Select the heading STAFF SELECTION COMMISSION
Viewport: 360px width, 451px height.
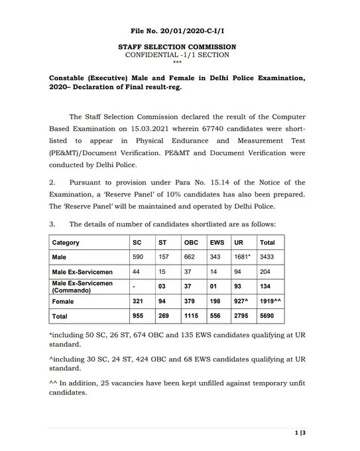[x=176, y=47]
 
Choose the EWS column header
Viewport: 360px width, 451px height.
[x=217, y=242]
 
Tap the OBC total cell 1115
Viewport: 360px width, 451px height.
[x=192, y=316]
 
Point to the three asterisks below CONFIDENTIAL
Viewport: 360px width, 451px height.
[x=176, y=62]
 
